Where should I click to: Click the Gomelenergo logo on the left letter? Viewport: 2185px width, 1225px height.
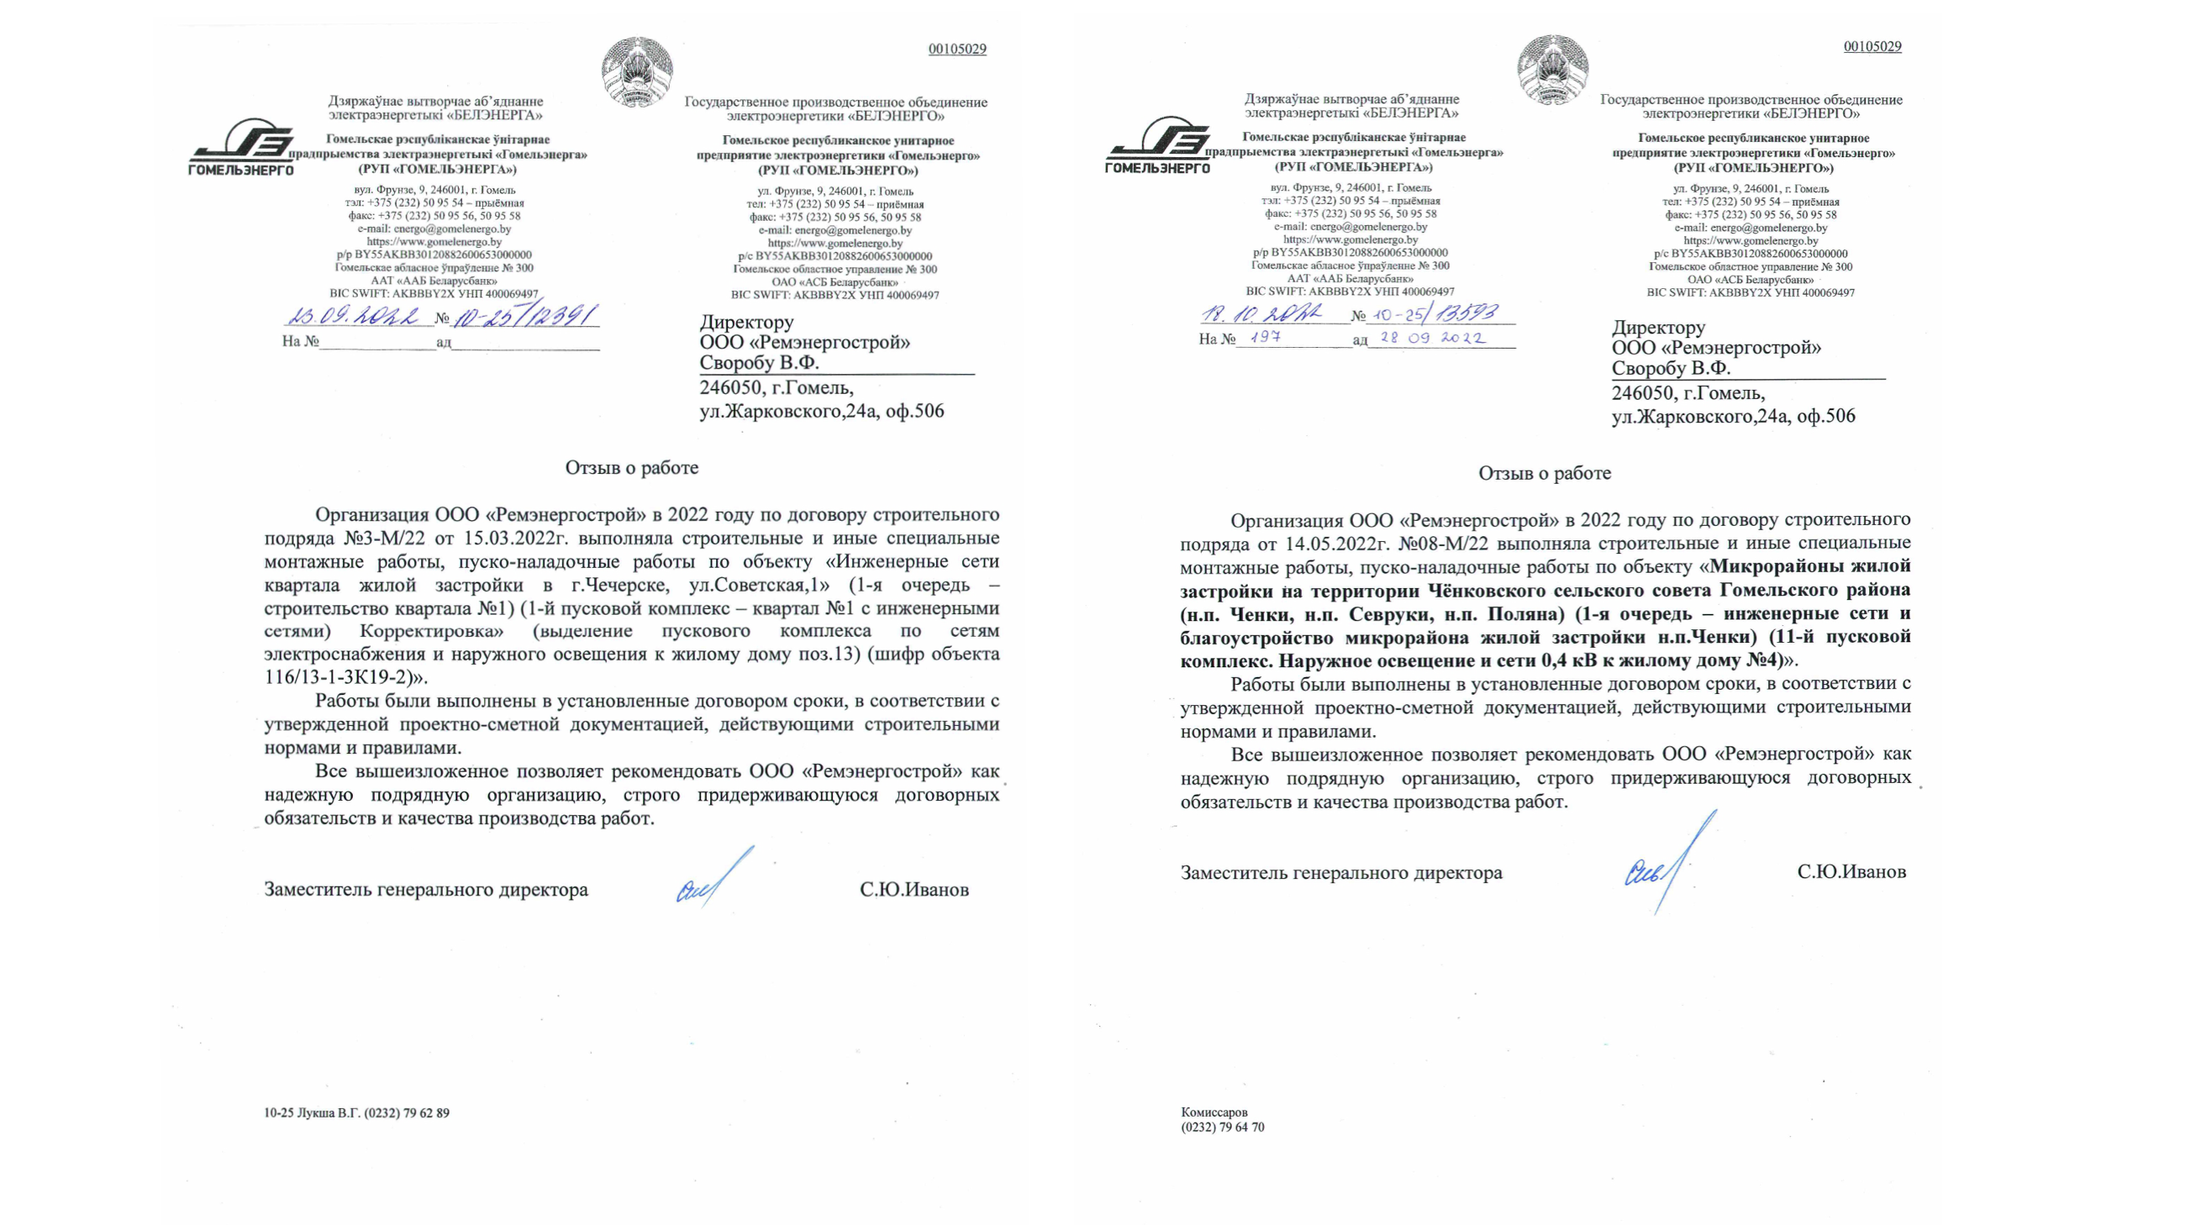[x=242, y=148]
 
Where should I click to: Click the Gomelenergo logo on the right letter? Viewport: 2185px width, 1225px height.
[x=1158, y=146]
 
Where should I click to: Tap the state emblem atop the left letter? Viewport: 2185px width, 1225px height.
[x=637, y=71]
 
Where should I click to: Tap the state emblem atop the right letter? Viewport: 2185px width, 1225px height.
[x=1552, y=70]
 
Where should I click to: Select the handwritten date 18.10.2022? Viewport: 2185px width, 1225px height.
[x=1261, y=313]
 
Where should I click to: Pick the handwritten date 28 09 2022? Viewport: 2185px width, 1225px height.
[x=1433, y=338]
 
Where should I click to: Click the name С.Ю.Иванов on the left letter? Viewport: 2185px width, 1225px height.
[x=913, y=890]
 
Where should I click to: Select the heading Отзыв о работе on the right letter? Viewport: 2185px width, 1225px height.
[x=1545, y=473]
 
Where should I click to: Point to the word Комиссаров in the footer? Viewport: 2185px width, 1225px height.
[x=1214, y=1112]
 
